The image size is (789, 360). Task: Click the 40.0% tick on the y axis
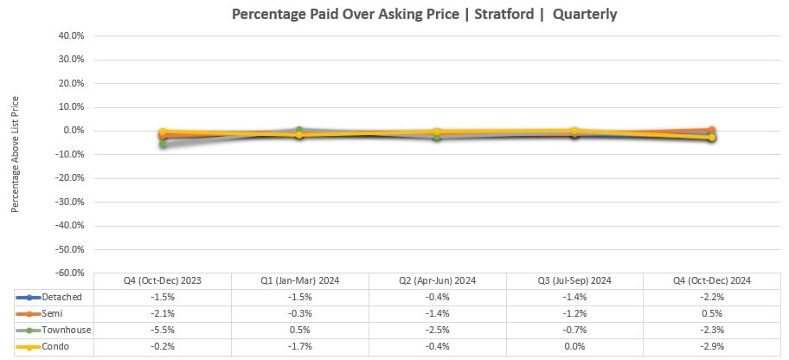72,36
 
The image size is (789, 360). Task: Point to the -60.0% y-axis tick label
71,273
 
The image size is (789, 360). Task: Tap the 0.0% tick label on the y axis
74,131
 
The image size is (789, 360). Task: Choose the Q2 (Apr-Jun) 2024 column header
437,280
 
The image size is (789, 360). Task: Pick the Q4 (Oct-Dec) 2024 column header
711,280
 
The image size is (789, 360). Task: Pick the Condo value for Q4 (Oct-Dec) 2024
711,346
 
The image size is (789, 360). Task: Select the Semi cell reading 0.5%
711,313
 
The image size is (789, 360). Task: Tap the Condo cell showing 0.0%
574,346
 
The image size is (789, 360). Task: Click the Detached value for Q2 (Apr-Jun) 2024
437,297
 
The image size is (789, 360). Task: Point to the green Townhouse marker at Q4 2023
163,145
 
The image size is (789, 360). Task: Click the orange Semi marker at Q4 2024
711,130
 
